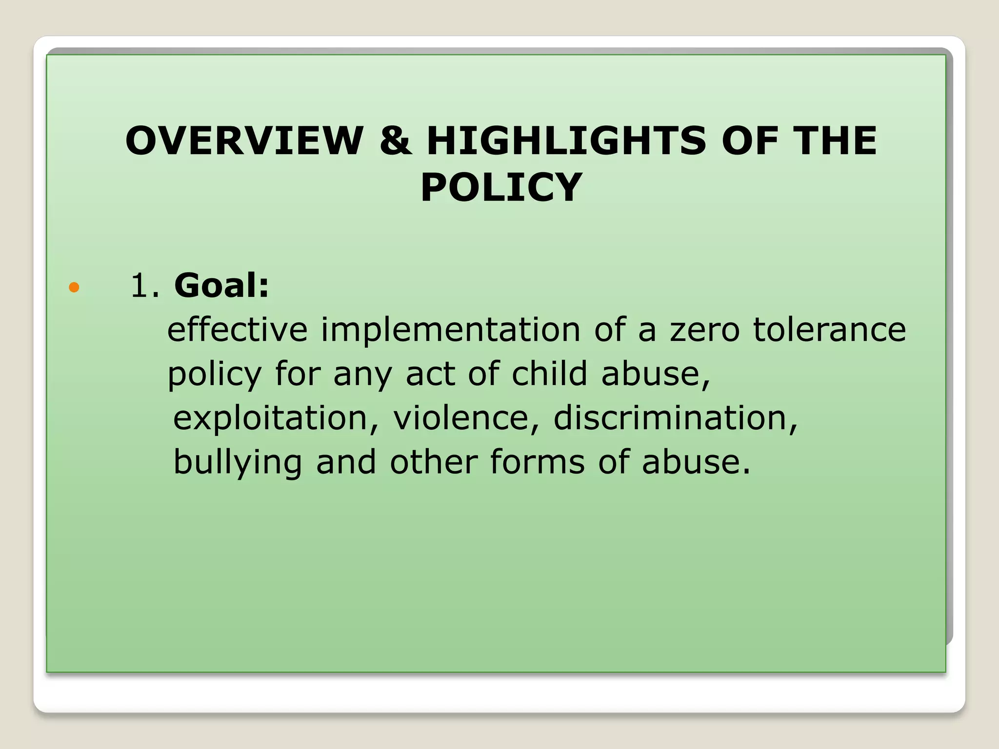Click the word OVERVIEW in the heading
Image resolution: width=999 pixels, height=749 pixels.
point(244,141)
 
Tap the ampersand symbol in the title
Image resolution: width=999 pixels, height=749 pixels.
point(395,141)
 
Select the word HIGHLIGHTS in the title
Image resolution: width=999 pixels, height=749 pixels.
point(566,141)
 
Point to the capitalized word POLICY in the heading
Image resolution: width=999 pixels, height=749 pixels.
point(501,187)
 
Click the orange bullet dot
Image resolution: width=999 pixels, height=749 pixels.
point(74,287)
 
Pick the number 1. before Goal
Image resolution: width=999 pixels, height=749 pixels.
point(145,286)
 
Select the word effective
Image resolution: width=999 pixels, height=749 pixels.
point(238,330)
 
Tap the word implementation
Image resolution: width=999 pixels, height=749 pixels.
point(451,330)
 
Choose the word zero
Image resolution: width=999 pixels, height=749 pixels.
point(705,331)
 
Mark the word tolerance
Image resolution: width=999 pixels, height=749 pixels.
point(829,330)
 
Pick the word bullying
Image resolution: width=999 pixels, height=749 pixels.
point(238,463)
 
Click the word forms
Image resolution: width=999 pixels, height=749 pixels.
point(538,462)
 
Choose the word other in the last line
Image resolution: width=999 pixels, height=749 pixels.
point(434,462)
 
